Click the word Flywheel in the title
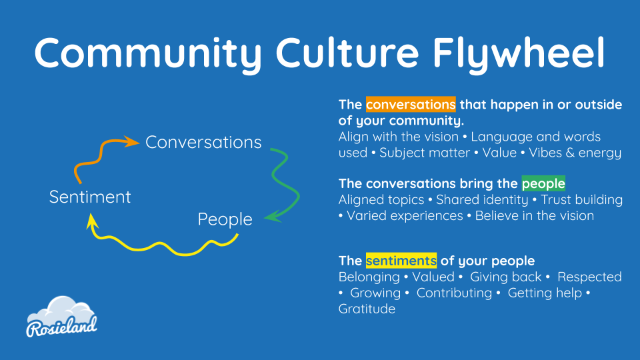click(x=519, y=54)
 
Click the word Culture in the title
click(x=347, y=53)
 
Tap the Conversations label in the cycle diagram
click(x=203, y=143)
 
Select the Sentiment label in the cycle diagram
click(x=90, y=197)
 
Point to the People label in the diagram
click(x=225, y=219)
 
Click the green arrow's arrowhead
click(x=273, y=216)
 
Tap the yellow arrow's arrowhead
click(x=92, y=221)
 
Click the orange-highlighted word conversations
click(x=411, y=105)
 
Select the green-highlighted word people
click(x=543, y=184)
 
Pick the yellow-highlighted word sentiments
click(x=401, y=261)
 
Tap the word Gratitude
click(x=367, y=309)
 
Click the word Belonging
click(x=369, y=277)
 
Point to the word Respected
click(x=589, y=277)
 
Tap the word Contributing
click(x=454, y=293)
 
